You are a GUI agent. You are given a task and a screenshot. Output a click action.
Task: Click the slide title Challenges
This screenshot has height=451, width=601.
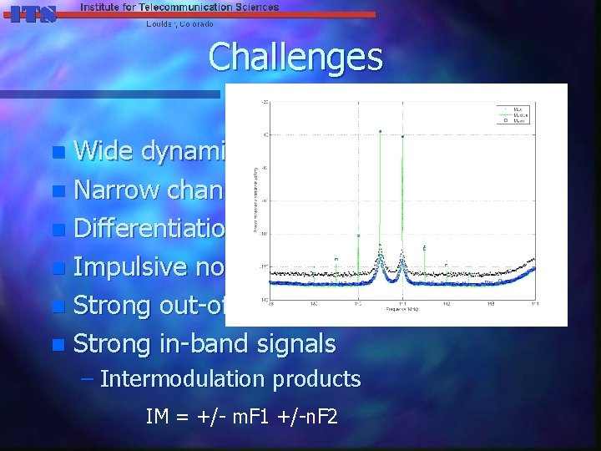click(x=295, y=58)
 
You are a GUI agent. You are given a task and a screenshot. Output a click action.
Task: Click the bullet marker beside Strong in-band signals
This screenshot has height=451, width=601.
click(x=57, y=344)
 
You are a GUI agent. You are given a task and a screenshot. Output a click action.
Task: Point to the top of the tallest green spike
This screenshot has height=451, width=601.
click(x=381, y=131)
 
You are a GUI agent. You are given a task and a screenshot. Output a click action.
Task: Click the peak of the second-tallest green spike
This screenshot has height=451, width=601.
click(x=403, y=136)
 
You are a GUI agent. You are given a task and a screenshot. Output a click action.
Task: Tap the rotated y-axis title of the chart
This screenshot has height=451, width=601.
click(x=255, y=200)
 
